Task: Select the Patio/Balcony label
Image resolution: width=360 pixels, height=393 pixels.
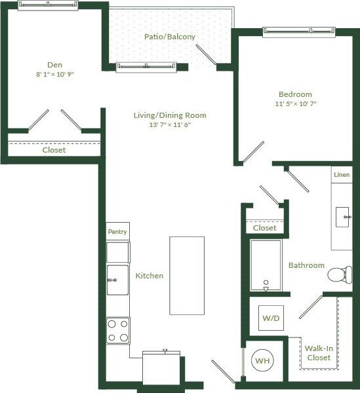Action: pos(170,37)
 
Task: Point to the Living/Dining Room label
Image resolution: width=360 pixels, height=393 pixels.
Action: pos(170,115)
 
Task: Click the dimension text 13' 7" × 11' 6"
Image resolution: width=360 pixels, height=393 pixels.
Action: pos(170,125)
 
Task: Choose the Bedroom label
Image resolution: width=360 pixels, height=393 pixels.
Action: pos(295,94)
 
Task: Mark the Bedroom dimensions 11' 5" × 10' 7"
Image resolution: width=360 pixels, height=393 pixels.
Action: pos(295,104)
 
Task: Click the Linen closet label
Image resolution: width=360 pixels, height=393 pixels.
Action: pos(342,175)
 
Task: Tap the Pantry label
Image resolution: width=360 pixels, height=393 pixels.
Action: pos(118,231)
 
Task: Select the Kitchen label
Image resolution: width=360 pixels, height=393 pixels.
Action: pos(150,276)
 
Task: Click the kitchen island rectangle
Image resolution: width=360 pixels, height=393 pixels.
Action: pos(186,275)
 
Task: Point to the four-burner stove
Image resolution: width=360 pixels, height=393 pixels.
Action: pos(118,330)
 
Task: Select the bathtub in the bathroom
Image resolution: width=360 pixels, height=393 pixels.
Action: pos(266,265)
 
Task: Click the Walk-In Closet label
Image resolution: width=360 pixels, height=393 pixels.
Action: pos(319,353)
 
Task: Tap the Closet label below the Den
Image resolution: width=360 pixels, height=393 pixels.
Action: pos(54,150)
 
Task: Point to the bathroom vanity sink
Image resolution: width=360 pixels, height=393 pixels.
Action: pos(343,217)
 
